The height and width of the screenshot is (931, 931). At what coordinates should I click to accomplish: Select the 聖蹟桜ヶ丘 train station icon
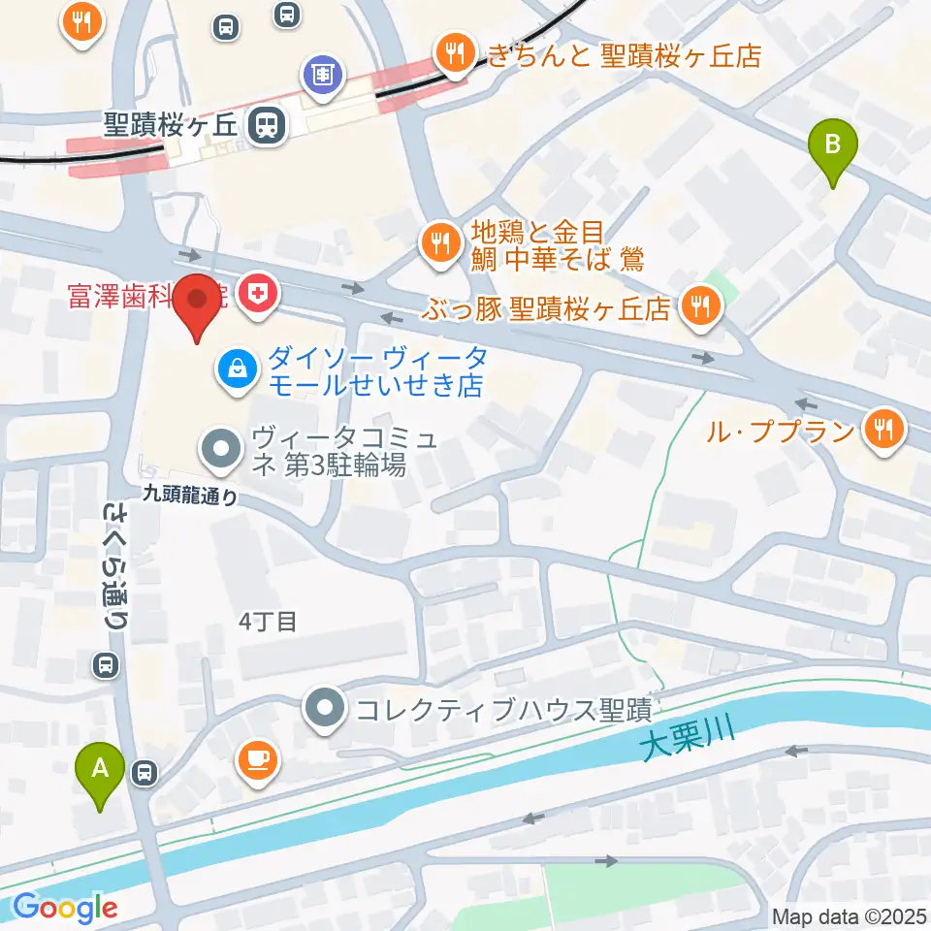[265, 124]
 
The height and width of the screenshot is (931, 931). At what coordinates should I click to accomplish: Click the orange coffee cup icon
[257, 759]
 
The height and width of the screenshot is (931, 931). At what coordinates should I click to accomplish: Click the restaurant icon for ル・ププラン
[883, 428]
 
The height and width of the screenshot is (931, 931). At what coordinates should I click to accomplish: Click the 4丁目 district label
[267, 622]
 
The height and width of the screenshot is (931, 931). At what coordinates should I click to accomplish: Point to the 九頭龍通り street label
[189, 495]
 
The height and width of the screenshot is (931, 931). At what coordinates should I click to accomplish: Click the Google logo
[65, 908]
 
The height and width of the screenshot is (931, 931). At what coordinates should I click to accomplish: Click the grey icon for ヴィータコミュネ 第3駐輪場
[221, 448]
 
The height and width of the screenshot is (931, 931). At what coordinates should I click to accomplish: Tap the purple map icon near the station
[320, 73]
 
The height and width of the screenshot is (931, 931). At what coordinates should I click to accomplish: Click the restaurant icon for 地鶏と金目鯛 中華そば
[441, 243]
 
